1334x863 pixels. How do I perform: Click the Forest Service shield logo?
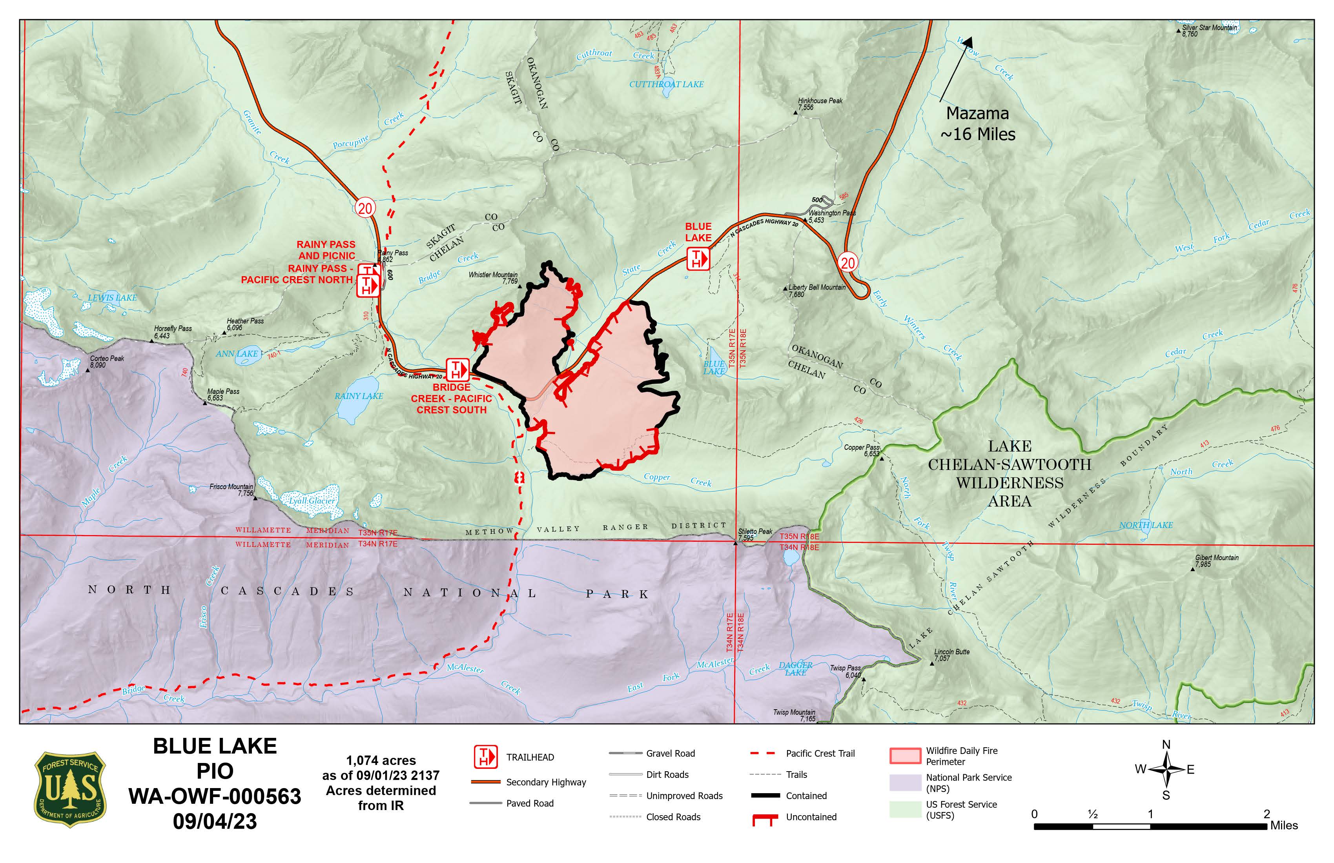pos(70,789)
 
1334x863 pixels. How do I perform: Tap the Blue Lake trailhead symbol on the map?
pos(698,259)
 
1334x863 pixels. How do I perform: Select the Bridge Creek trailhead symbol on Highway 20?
pos(457,369)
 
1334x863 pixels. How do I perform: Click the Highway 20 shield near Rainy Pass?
pos(365,208)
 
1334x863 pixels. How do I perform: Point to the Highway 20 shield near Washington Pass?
pos(847,262)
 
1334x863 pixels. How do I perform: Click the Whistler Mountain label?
pos(493,277)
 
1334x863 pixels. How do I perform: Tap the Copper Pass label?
pos(862,450)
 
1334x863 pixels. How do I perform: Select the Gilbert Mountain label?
pos(1216,561)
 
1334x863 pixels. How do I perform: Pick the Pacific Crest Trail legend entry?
pos(820,753)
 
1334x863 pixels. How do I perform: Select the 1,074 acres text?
pos(381,761)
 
